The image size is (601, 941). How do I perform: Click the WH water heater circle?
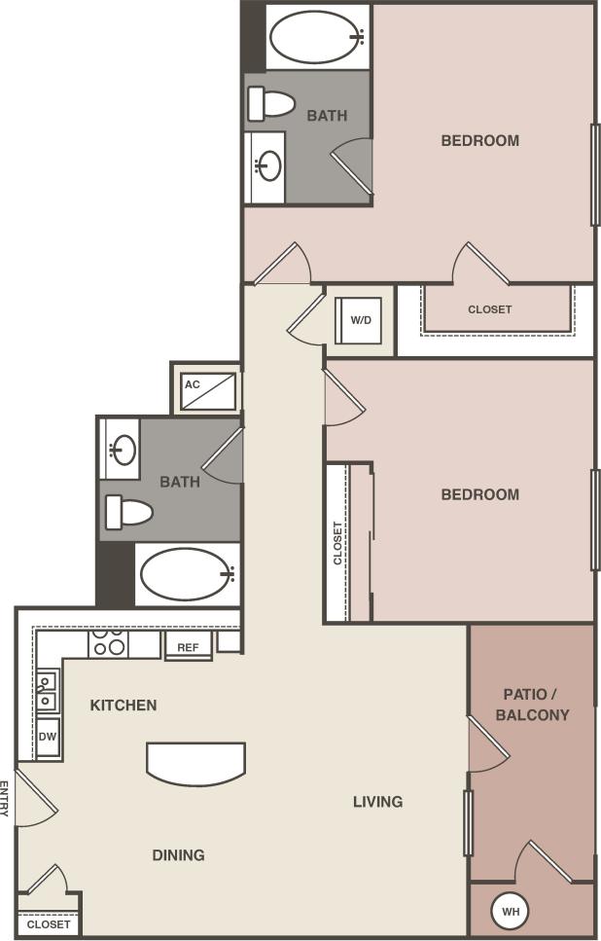click(x=511, y=912)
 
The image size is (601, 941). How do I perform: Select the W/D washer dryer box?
click(x=360, y=320)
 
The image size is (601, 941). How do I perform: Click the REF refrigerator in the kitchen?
click(x=188, y=646)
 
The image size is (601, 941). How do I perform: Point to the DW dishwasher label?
click(x=48, y=737)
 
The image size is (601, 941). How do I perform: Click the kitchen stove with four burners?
click(x=108, y=643)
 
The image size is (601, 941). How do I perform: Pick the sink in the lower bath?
click(x=124, y=450)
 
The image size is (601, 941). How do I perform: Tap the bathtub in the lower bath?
click(x=187, y=574)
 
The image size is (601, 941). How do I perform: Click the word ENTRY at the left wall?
click(x=6, y=798)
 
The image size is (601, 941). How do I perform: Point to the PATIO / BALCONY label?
click(x=532, y=705)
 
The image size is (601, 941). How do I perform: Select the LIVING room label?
click(x=377, y=802)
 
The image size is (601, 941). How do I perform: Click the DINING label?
click(x=178, y=855)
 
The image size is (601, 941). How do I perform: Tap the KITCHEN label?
click(x=124, y=705)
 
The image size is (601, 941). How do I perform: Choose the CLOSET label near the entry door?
click(x=49, y=924)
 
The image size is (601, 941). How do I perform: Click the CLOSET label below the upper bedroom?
click(x=489, y=309)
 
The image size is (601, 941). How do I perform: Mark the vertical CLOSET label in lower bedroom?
click(x=337, y=543)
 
